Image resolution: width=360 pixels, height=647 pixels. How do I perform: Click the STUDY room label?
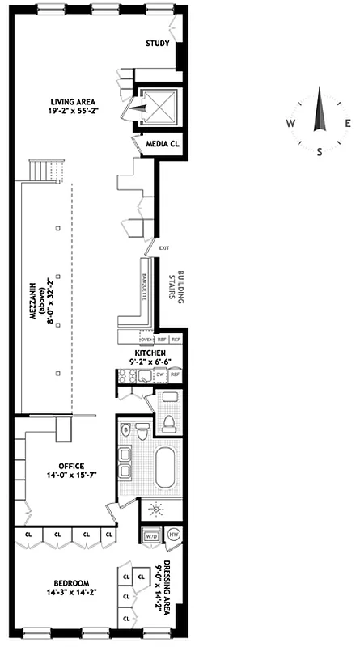coord(156,44)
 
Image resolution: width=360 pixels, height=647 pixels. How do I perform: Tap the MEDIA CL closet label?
coord(161,144)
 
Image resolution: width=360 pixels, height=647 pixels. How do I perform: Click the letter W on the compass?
coord(290,124)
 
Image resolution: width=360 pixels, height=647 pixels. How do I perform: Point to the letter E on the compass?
coord(348,124)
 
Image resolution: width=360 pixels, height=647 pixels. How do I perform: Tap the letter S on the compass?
coord(320,151)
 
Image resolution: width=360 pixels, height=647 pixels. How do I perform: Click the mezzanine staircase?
coord(44,171)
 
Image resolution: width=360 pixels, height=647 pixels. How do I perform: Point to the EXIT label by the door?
coord(164,247)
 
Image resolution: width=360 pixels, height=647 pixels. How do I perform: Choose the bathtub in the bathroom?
coord(166,467)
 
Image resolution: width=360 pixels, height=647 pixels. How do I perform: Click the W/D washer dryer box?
coord(151,535)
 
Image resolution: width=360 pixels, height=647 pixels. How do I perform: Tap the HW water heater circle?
coord(174,535)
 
